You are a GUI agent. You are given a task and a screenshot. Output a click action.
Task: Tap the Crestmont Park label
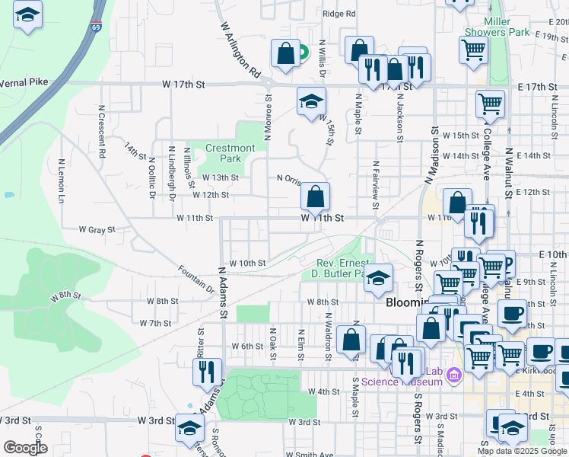tap(230, 153)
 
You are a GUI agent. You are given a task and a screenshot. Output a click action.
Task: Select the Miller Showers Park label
tap(507, 27)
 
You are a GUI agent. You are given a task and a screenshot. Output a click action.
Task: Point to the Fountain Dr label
tap(196, 279)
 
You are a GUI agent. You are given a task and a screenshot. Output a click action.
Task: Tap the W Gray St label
tap(97, 228)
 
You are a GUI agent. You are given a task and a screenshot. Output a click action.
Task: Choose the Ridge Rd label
tap(339, 14)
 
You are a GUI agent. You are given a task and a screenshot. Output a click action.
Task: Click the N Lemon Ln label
tap(61, 186)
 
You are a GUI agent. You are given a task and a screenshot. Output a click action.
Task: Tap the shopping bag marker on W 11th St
tap(315, 198)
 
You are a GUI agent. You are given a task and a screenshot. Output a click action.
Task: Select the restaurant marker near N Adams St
tap(206, 372)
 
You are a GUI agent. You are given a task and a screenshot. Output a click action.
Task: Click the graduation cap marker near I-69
tap(28, 16)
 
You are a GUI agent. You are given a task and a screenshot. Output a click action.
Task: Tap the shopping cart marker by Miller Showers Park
tap(473, 51)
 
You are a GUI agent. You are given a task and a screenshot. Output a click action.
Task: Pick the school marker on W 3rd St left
tap(189, 428)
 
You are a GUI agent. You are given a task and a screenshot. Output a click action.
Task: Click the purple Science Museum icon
tap(455, 375)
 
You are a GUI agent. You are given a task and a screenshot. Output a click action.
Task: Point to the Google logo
tap(25, 448)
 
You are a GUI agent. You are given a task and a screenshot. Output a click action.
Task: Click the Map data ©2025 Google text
tap(521, 451)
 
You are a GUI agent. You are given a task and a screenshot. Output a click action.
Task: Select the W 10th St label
tap(247, 263)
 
